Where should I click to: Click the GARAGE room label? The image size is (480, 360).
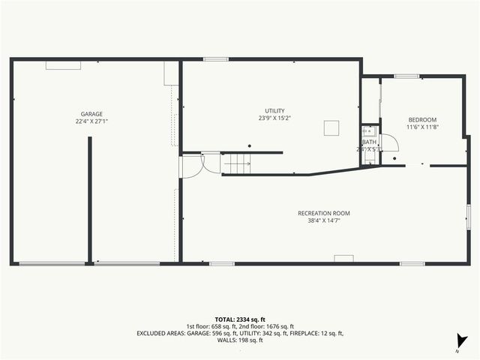91,114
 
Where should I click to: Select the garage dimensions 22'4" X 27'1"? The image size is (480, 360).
91,121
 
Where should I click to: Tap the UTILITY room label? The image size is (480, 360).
274,111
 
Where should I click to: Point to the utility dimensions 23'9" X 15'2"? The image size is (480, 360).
274,118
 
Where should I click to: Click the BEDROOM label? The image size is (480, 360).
421,120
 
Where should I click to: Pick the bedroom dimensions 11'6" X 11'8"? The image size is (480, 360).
421,127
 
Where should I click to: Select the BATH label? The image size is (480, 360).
369,142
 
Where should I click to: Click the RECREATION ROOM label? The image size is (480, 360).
323,213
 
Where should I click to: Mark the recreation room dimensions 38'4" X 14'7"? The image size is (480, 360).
323,220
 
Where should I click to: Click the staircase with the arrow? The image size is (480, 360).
238,163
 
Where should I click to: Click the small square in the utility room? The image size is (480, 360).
331,128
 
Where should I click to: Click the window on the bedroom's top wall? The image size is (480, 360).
406,76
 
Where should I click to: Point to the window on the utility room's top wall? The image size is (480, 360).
216,59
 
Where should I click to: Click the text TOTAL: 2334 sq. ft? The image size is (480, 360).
240,319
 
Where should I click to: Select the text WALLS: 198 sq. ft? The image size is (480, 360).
240,340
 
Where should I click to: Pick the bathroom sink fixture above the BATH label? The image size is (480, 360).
367,130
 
